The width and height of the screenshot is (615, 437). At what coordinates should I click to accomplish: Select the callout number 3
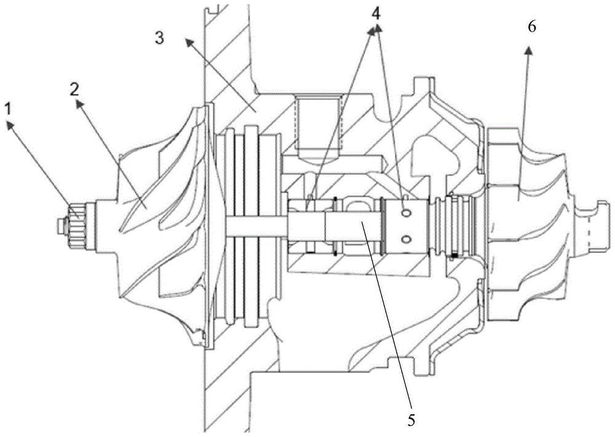[160, 38]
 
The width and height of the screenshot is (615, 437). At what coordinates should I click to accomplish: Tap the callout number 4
[376, 15]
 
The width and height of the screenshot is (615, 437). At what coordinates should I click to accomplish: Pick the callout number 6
[532, 28]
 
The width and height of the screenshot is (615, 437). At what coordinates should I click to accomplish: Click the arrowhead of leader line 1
[9, 124]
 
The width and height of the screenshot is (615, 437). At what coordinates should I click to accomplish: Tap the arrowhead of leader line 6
[529, 50]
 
